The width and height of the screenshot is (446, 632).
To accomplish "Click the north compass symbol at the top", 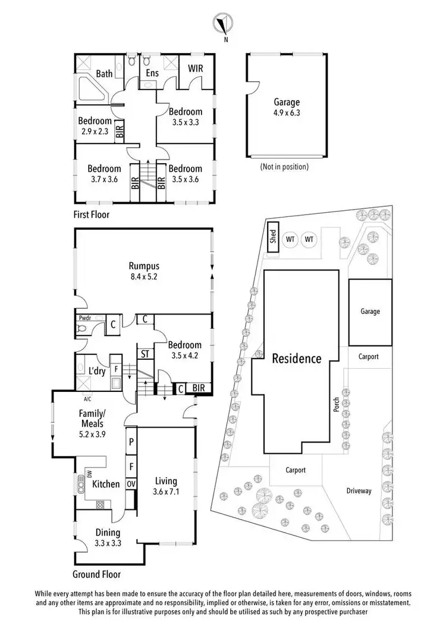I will point(224,24).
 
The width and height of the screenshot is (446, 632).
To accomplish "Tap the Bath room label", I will point(105,74).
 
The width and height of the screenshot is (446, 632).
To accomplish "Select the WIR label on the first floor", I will point(195,69).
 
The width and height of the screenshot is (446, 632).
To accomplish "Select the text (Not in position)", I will point(284,167).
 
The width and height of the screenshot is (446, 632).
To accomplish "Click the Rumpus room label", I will point(143,266).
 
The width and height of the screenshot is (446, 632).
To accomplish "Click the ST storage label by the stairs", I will point(145,353).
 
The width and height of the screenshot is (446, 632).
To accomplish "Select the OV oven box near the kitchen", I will point(131,483).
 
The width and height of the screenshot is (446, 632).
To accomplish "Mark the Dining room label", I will point(108,533).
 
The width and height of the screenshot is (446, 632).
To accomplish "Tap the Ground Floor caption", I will point(96,575).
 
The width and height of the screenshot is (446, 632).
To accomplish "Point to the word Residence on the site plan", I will point(297,359).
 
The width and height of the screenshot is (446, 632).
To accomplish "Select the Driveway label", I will point(359,491).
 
